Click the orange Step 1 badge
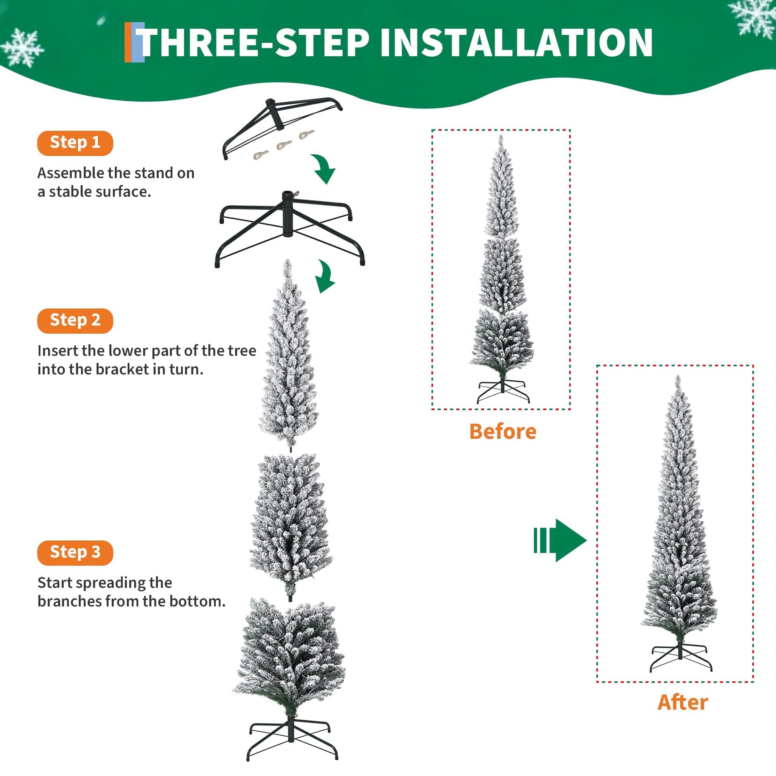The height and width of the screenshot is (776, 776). tap(75, 143)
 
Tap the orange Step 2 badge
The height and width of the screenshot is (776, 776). tap(75, 321)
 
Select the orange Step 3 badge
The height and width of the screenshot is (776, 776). tap(75, 553)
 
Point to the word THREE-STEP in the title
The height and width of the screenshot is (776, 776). tap(255, 43)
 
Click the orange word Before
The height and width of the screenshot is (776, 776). tap(503, 432)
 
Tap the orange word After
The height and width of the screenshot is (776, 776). tap(683, 703)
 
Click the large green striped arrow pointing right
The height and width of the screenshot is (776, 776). tap(560, 540)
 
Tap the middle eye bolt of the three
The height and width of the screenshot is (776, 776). tap(284, 145)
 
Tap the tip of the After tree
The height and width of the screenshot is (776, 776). tap(678, 376)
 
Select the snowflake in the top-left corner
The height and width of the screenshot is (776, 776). tap(22, 47)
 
